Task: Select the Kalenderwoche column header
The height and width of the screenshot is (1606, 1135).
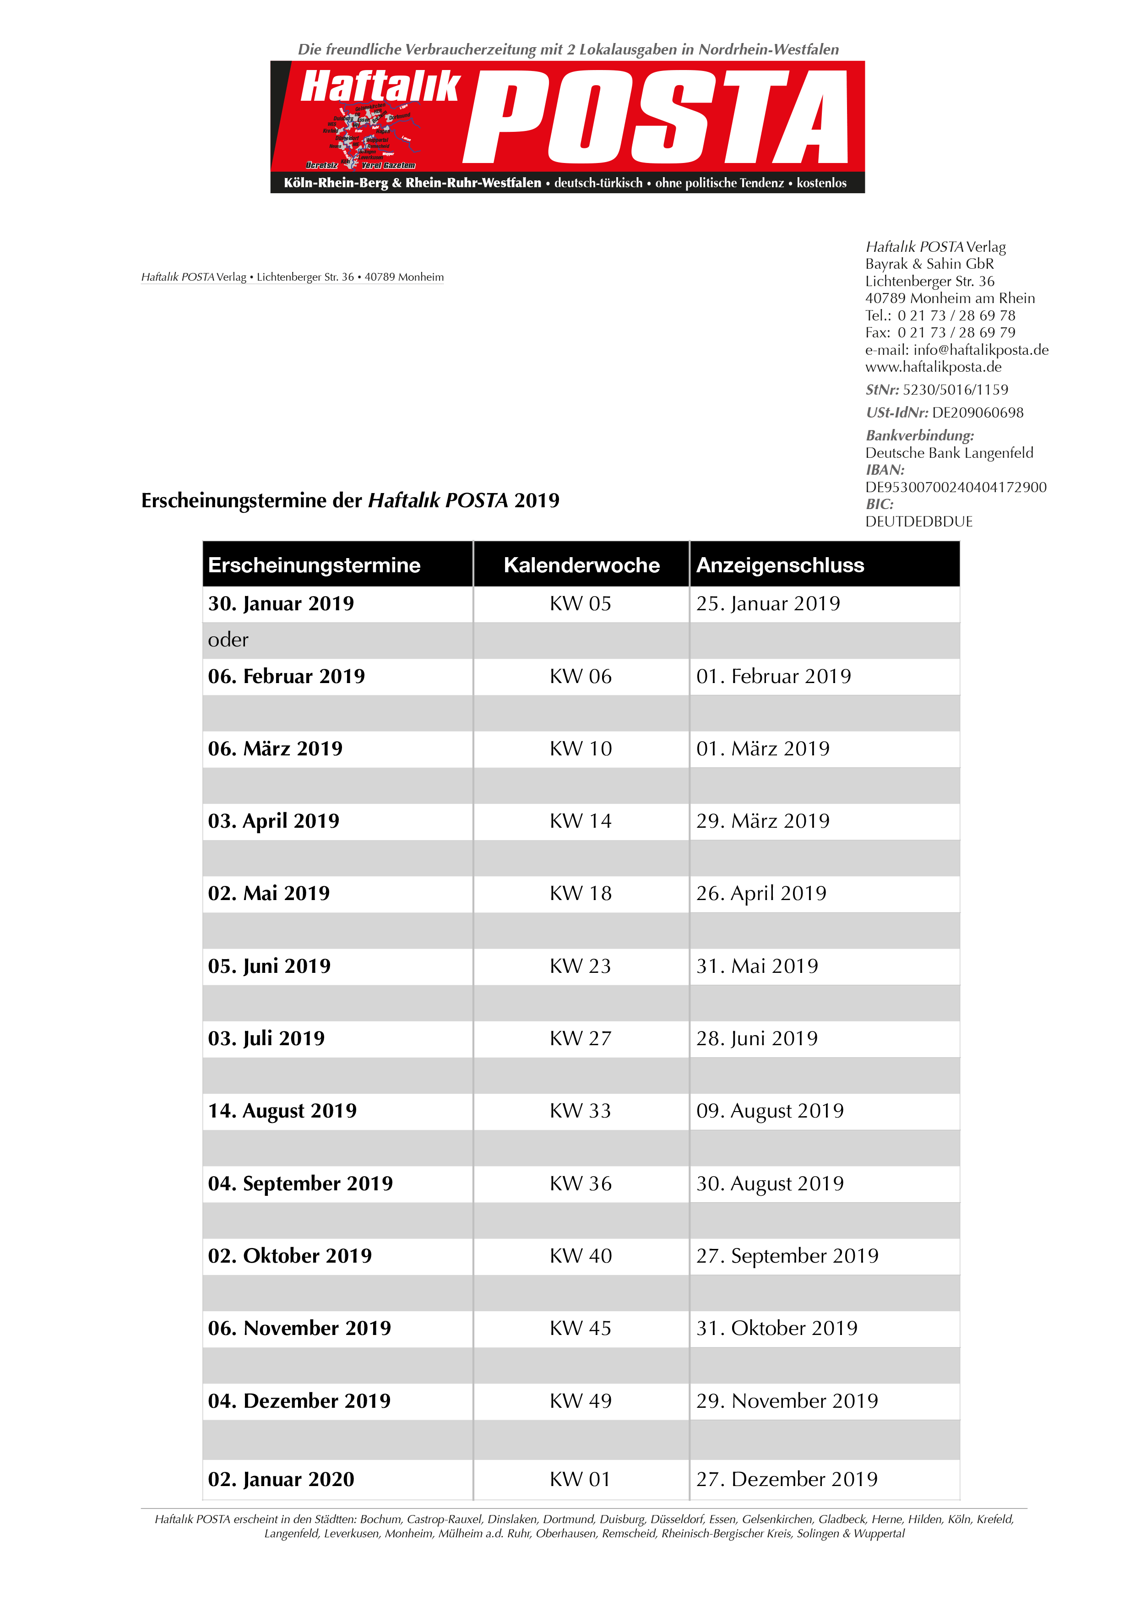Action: pos(581,565)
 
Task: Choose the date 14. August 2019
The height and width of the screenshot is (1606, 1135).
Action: pos(282,1111)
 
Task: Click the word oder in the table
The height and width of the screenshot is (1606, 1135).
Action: pos(228,640)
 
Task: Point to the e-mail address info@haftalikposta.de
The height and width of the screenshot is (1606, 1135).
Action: pos(980,350)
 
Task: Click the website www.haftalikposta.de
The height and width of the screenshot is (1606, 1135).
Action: pos(933,367)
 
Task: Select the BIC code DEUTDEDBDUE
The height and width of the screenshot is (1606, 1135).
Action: pos(918,521)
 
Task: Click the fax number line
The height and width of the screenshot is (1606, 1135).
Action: pos(940,332)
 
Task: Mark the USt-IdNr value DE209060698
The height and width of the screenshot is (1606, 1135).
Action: pos(977,412)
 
